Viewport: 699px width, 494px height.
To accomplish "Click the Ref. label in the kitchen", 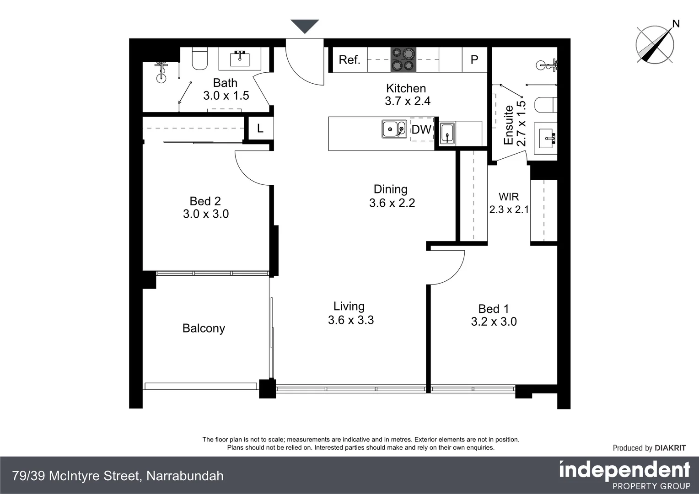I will pos(349,60).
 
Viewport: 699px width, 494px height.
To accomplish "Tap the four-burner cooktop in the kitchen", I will pos(403,60).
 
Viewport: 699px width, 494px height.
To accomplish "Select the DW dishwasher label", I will pos(421,129).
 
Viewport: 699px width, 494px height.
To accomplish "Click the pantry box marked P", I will pos(474,60).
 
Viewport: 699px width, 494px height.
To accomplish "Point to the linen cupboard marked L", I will pos(260,129).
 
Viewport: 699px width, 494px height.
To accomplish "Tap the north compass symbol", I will pos(655,44).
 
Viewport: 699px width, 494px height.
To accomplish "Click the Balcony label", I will pos(204,328).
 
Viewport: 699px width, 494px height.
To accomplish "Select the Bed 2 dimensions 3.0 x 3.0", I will pos(206,214).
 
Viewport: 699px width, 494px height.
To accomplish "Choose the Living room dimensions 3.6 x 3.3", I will pos(351,320).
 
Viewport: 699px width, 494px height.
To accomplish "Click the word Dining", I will pos(390,189).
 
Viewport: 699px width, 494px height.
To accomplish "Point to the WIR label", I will pos(509,197).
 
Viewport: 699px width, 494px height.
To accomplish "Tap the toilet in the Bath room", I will pos(199,59).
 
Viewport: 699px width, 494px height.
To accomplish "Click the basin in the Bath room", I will pos(240,58).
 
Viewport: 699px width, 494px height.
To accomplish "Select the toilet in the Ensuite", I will pos(546,105).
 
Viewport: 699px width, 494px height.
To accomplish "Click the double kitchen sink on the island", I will pos(394,129).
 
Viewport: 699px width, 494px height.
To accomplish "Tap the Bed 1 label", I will pos(494,309).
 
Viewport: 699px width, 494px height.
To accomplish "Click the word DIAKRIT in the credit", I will pos(670,448).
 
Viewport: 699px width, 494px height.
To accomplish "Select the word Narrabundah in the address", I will pos(185,476).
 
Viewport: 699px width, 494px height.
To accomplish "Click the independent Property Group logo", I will pos(624,475).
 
